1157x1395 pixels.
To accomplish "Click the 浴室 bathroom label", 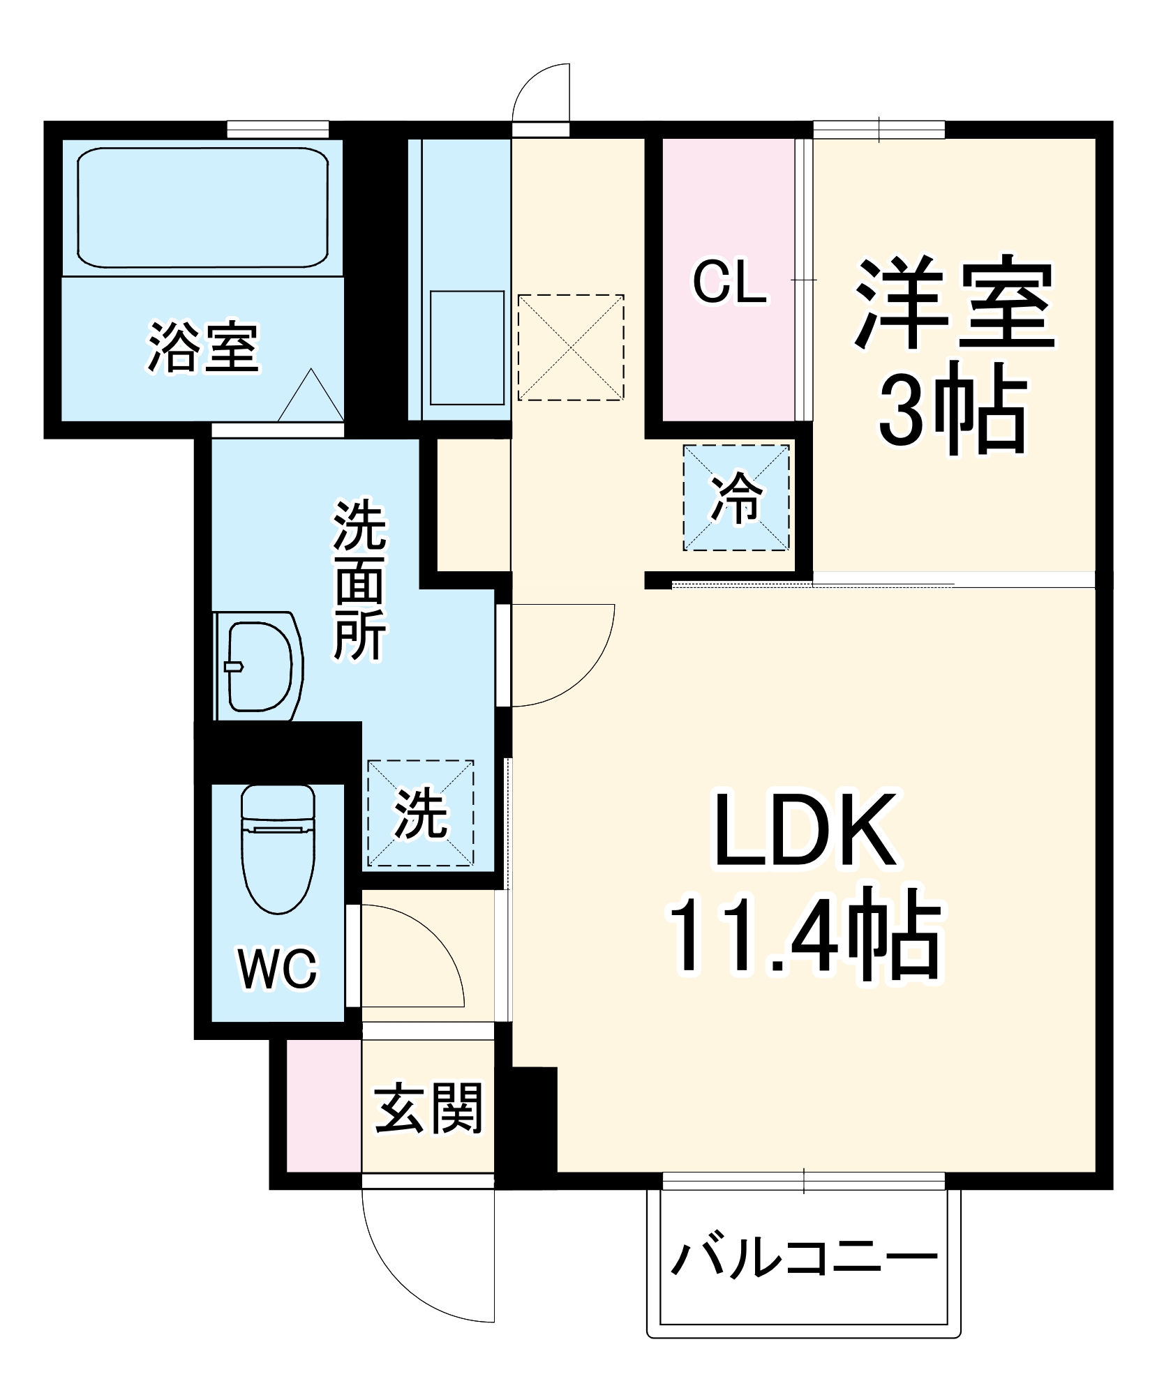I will (x=202, y=347).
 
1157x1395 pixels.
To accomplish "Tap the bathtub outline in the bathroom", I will (x=202, y=207).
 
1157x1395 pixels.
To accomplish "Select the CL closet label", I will (x=729, y=281).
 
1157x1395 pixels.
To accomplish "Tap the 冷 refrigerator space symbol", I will (x=736, y=497).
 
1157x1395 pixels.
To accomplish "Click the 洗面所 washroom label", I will (x=359, y=579).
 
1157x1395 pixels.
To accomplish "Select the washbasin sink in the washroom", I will (x=258, y=666).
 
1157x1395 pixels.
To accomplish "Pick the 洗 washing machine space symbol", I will (x=420, y=813).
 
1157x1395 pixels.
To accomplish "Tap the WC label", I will (x=277, y=968).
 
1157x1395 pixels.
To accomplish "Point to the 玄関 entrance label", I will (x=428, y=1108).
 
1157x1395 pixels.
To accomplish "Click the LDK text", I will (x=806, y=830).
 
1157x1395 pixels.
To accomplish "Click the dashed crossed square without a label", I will (x=570, y=347).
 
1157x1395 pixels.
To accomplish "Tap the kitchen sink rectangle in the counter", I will (x=467, y=347).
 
